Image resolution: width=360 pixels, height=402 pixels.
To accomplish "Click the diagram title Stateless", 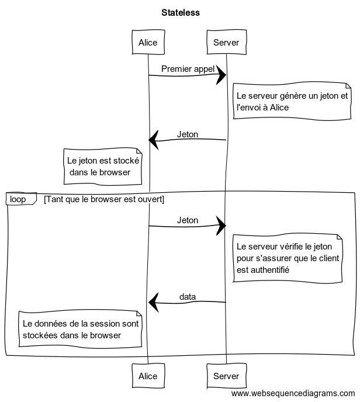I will click(x=180, y=12).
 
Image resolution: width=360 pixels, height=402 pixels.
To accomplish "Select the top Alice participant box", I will click(x=148, y=42).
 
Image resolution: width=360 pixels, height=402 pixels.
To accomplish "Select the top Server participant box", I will click(x=226, y=42).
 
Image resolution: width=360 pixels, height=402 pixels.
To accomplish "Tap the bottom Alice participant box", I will click(x=148, y=376).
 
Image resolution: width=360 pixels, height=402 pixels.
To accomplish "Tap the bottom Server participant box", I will click(x=226, y=376).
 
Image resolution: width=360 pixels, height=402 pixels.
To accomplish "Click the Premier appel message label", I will click(x=188, y=68).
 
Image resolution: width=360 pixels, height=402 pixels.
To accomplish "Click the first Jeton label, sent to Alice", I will click(x=188, y=134).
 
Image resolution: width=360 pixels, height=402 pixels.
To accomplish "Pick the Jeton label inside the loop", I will click(x=188, y=220).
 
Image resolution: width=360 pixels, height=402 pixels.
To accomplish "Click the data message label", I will click(x=188, y=297).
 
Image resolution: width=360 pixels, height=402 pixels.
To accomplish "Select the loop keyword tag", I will click(x=19, y=199).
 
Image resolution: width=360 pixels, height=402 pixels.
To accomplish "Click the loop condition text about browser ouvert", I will click(x=104, y=199).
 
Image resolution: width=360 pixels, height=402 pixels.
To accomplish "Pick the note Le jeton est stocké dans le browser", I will click(x=103, y=166).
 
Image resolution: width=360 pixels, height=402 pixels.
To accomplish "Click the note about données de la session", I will click(x=80, y=329).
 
